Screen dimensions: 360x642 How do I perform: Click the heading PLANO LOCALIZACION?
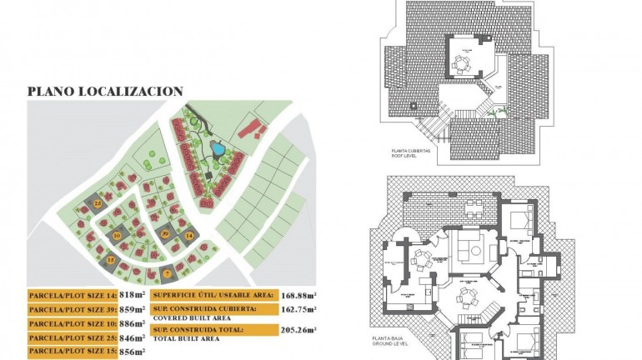click(105, 91)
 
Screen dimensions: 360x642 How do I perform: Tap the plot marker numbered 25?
click(98, 203)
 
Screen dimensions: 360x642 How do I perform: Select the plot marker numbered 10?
click(117, 236)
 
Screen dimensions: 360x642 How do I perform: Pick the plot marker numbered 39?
click(165, 234)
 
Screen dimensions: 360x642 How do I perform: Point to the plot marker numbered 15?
click(112, 261)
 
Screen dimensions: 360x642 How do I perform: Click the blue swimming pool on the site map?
click(217, 150)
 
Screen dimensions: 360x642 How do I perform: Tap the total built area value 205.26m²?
click(299, 331)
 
